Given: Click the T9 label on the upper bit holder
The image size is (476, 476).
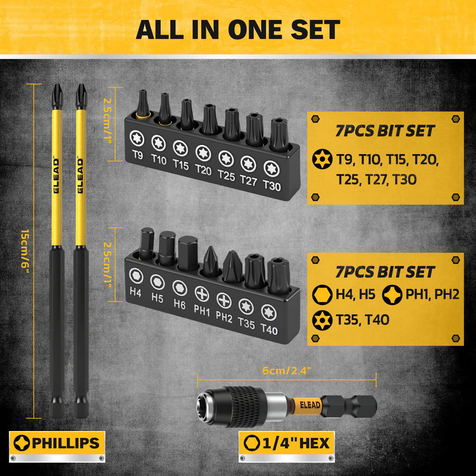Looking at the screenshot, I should [x=138, y=154].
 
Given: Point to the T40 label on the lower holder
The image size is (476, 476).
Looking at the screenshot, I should [x=269, y=329].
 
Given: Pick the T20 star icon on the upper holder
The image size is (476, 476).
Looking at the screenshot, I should [x=203, y=153].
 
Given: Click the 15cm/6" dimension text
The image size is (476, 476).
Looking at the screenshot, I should [x=25, y=251].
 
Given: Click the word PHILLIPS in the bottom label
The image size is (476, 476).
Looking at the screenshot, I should [x=65, y=443].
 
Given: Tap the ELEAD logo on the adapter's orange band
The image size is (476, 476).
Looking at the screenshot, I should [x=310, y=405].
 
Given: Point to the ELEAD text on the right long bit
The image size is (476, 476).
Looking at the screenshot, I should [x=80, y=175].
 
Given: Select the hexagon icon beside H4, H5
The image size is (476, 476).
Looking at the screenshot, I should [x=322, y=295].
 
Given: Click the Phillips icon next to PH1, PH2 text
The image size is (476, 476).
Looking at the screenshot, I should [x=392, y=295].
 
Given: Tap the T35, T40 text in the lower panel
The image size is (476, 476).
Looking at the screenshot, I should [x=362, y=320].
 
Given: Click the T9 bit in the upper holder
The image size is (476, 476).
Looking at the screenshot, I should [x=142, y=102].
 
